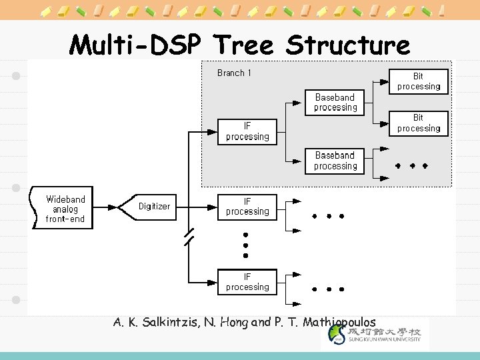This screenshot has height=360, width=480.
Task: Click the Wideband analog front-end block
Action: [65, 209]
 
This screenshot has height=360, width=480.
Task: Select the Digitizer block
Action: [154, 206]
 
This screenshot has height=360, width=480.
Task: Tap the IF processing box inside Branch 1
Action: [247, 131]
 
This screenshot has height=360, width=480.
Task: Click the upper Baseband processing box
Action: [335, 102]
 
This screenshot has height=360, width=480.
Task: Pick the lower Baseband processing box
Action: [335, 161]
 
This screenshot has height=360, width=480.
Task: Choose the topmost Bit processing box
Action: [419, 81]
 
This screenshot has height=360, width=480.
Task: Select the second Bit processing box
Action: [419, 123]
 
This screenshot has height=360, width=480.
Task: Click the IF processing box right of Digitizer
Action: [247, 206]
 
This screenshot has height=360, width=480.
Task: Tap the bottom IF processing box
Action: [247, 281]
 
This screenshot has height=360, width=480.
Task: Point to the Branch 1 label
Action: [234, 73]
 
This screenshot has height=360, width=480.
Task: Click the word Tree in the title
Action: [244, 45]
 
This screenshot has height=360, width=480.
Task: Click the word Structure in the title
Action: [348, 45]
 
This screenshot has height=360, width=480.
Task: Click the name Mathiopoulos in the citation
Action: [339, 323]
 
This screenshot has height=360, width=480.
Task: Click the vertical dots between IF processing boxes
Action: [245, 245]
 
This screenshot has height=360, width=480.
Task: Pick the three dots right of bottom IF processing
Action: [327, 289]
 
